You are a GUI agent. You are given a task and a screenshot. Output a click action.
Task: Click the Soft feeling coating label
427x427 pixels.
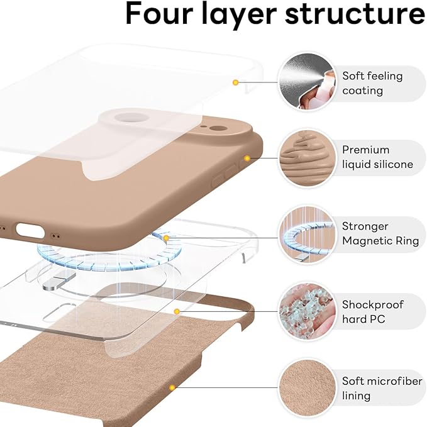coord(372,83)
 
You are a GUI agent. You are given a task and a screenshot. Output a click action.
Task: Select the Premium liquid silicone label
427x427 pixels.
coord(377,157)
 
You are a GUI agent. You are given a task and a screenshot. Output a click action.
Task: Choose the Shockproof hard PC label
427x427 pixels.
coord(373,312)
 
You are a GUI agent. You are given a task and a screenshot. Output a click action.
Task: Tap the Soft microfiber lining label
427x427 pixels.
coord(379,389)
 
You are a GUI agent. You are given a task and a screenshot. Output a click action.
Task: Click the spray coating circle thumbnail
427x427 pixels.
coord(305,81)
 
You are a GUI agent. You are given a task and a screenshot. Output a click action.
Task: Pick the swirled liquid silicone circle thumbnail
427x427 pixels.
coord(305,158)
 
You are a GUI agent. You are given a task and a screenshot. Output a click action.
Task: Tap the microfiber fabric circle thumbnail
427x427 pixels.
coord(305,388)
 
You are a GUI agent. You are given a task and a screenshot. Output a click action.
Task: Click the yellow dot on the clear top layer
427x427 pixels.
coord(235,82)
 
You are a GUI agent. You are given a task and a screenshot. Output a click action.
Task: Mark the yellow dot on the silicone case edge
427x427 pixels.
coord(247,158)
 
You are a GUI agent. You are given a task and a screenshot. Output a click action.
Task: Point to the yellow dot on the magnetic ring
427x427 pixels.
coord(166,238)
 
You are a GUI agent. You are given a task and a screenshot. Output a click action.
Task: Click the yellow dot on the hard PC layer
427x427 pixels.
coord(177,311)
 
